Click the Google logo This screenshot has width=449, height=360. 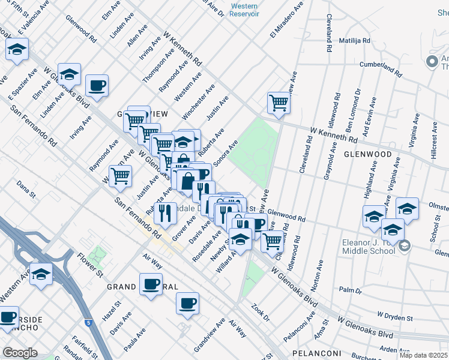(x=20, y=353)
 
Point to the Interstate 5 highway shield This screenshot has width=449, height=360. (x=89, y=322)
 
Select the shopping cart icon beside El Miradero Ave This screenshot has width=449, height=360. (x=279, y=103)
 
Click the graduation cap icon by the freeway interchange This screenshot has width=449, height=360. (x=41, y=274)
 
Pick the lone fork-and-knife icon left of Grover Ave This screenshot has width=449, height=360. (x=164, y=213)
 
